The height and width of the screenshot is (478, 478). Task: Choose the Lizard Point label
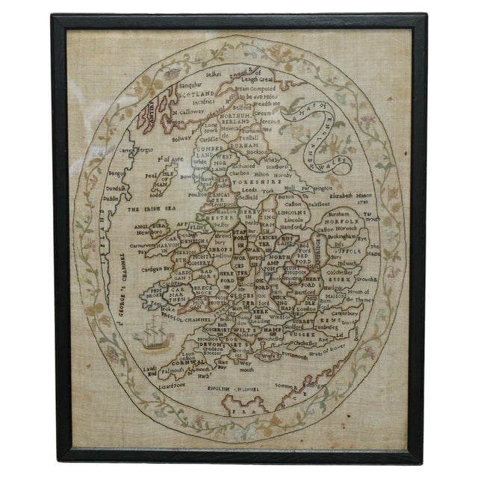click(172, 385)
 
